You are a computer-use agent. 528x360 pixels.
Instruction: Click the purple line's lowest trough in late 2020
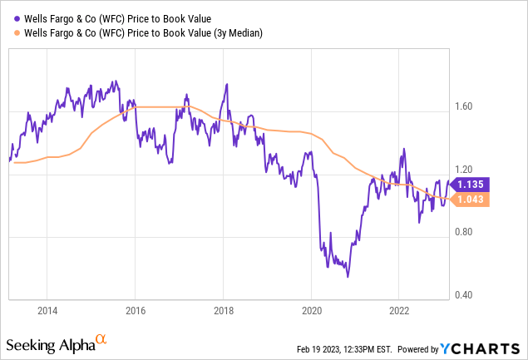(348, 277)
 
